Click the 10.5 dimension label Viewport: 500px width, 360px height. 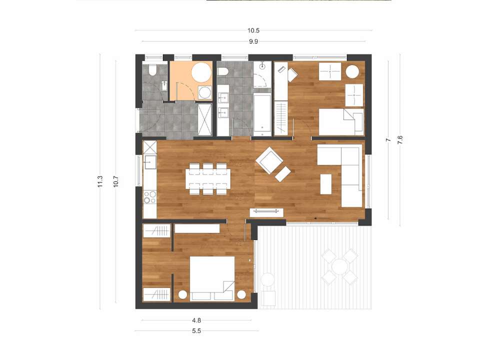tap(253, 30)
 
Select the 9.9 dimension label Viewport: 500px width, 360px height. tap(253, 41)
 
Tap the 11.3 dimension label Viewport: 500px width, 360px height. tap(100, 181)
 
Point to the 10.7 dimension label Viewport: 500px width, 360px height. tap(116, 181)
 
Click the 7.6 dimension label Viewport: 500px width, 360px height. tap(400, 140)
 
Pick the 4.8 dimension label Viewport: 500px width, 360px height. tap(196, 320)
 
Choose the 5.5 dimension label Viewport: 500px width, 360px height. tap(196, 331)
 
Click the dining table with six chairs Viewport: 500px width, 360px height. tap(208, 179)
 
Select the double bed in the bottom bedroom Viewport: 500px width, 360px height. tap(212, 278)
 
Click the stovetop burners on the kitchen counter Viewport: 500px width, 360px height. tap(150, 197)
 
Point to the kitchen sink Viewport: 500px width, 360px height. tap(149, 162)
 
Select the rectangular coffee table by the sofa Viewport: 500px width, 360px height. tap(326, 183)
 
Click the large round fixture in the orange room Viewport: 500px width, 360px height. tap(201, 72)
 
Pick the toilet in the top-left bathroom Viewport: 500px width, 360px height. tap(152, 70)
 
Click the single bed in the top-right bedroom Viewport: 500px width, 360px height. tap(341, 122)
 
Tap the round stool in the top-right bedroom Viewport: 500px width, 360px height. tap(352, 71)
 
